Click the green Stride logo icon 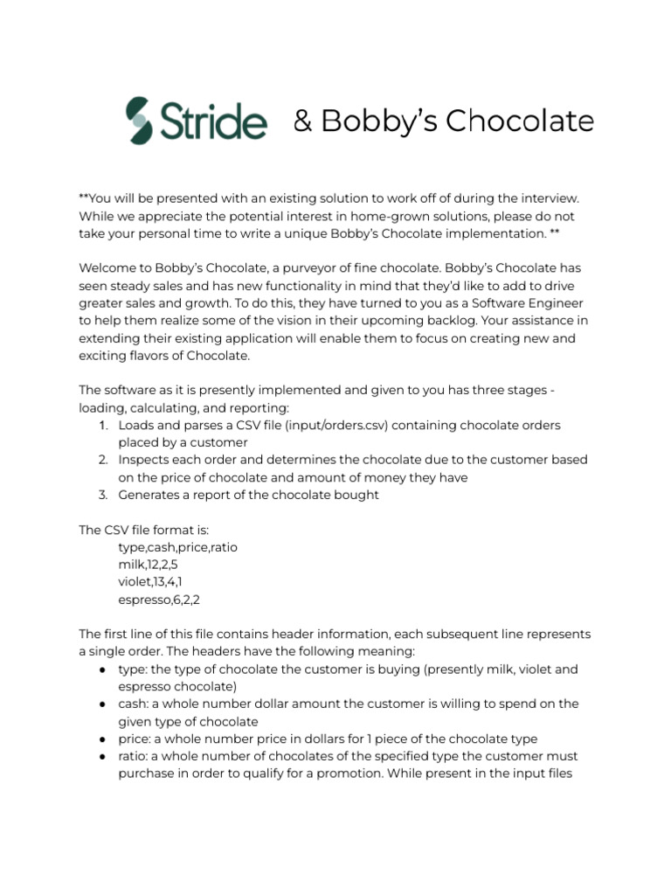pyautogui.click(x=139, y=121)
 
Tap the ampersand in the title pyautogui.click(x=302, y=121)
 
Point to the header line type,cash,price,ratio pyautogui.click(x=177, y=547)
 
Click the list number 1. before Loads pyautogui.click(x=102, y=425)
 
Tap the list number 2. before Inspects pyautogui.click(x=102, y=460)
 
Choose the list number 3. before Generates pyautogui.click(x=102, y=495)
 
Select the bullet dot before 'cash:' pyautogui.click(x=103, y=704)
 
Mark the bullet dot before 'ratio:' pyautogui.click(x=103, y=756)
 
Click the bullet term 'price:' pyautogui.click(x=135, y=739)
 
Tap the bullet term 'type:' pyautogui.click(x=134, y=670)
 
